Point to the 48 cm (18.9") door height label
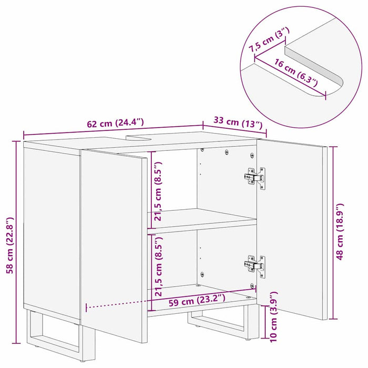tap(340, 231)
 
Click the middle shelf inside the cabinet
tap(202, 219)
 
